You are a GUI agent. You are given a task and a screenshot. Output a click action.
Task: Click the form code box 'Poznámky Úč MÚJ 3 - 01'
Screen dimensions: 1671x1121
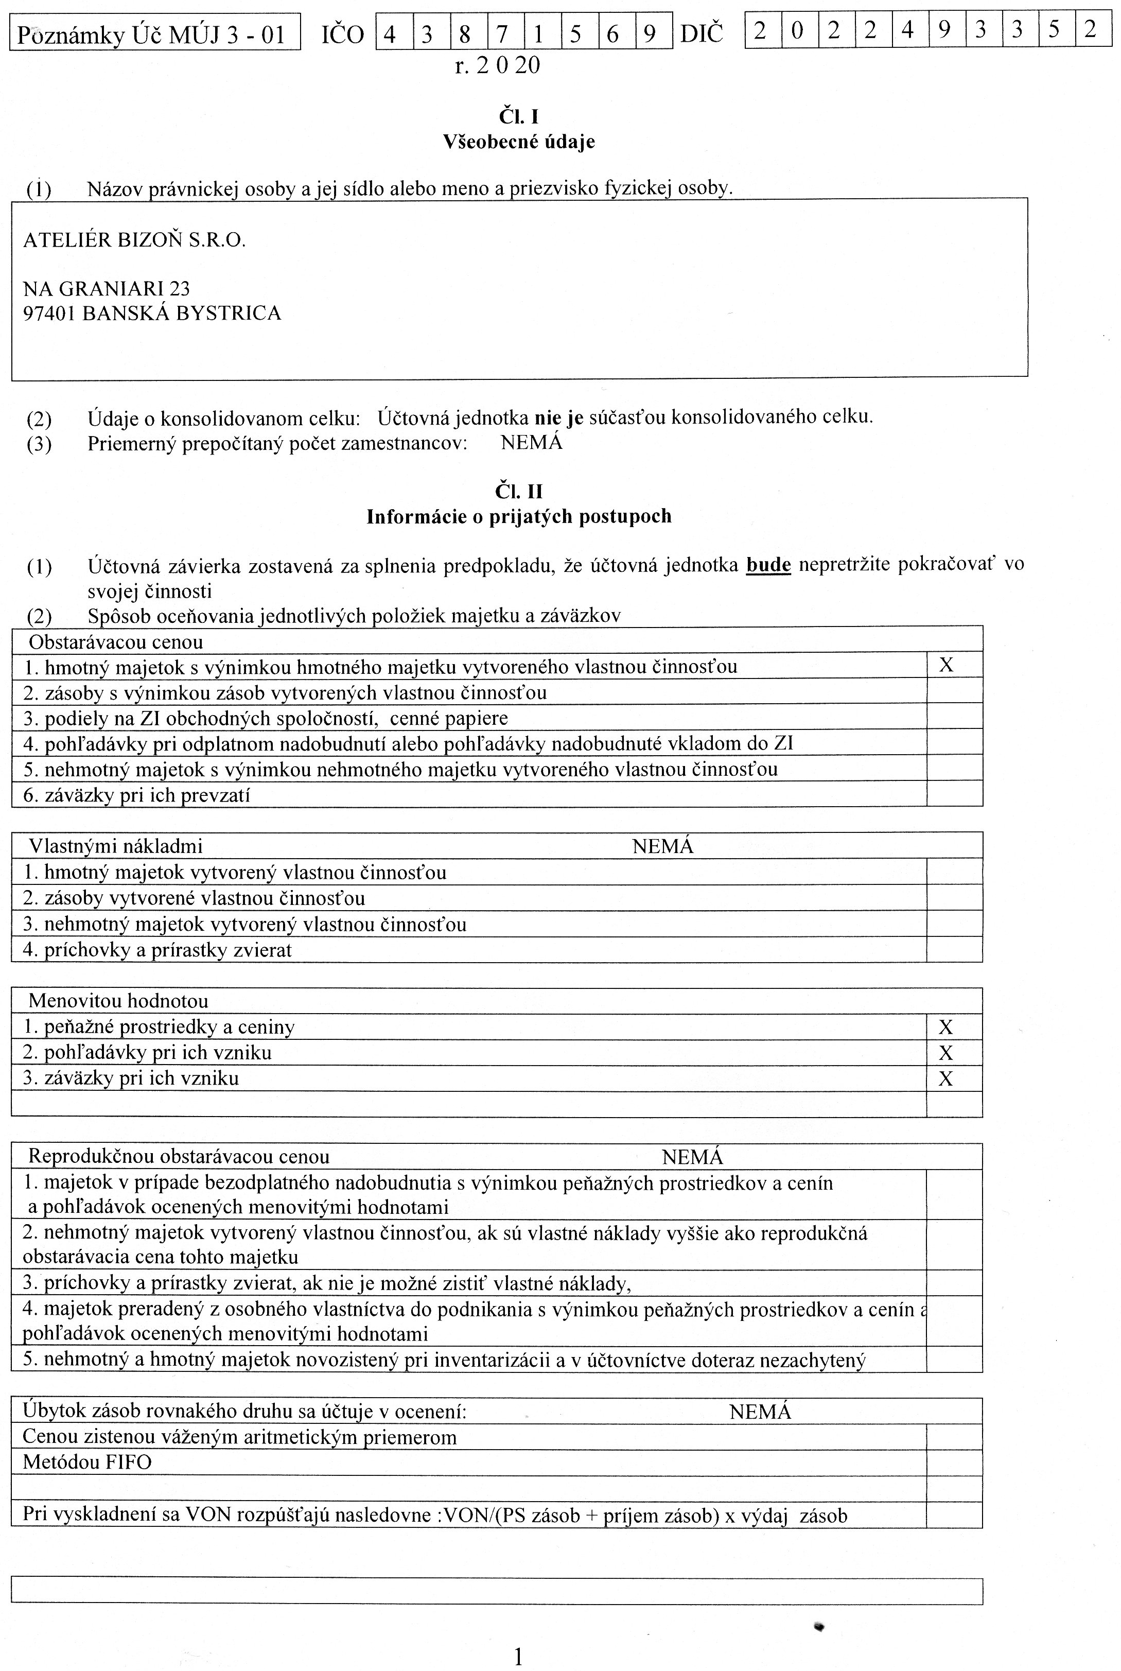click(x=154, y=33)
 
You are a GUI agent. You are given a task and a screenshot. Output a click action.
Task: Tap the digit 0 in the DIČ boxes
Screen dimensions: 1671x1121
click(x=798, y=30)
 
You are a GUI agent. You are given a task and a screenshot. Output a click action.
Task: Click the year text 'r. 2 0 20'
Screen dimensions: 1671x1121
click(x=497, y=66)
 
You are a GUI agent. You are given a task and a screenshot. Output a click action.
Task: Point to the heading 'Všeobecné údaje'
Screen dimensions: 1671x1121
click(x=518, y=142)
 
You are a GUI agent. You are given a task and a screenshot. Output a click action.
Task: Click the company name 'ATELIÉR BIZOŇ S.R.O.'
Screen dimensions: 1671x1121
click(x=134, y=240)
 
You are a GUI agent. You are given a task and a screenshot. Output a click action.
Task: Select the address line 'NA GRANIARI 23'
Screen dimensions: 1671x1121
click(x=107, y=288)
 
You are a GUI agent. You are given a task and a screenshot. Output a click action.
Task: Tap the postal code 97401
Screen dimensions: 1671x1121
click(x=49, y=313)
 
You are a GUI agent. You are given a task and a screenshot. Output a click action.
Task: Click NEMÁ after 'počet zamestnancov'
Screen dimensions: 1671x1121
click(x=531, y=443)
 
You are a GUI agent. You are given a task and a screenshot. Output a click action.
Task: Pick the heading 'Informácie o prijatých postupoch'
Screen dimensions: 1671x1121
click(x=518, y=516)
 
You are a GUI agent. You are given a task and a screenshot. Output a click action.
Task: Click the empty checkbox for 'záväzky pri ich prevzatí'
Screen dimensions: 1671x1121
click(x=954, y=794)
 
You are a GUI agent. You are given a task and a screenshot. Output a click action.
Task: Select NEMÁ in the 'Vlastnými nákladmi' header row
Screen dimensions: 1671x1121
click(x=663, y=847)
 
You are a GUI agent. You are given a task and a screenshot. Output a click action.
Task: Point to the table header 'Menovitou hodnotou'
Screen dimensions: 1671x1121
click(x=118, y=1001)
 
